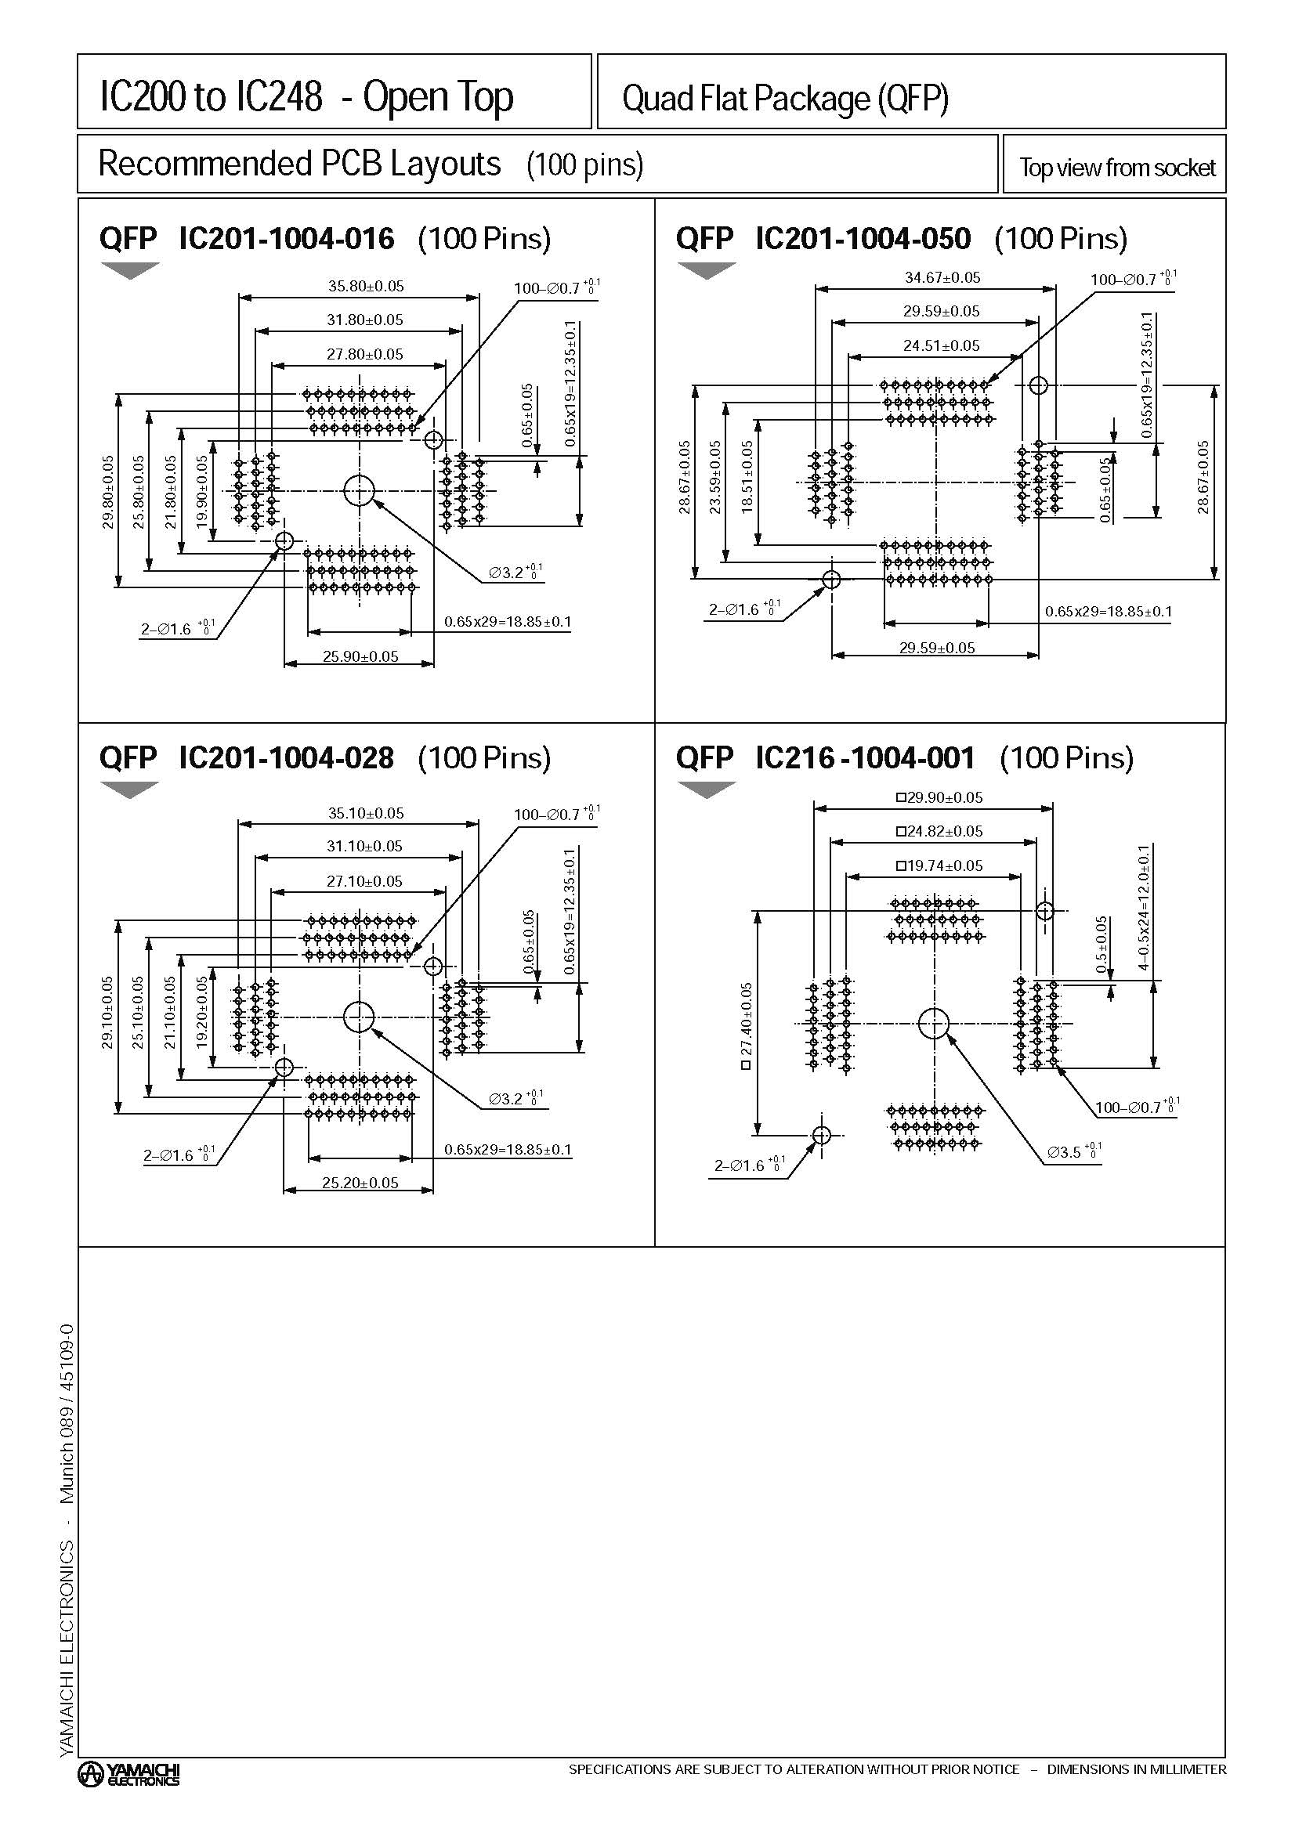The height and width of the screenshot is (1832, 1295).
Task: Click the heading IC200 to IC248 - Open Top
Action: [306, 97]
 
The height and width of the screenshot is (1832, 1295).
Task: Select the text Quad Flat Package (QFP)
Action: [785, 99]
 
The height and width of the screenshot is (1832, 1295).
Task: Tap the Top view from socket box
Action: [1116, 168]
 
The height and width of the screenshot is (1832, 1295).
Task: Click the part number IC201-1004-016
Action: [287, 239]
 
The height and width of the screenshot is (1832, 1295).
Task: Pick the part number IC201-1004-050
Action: [863, 239]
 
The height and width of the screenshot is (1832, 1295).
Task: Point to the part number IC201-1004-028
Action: [287, 757]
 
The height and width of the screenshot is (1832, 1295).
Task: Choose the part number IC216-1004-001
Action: [865, 757]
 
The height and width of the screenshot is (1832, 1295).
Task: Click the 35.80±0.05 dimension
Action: [365, 286]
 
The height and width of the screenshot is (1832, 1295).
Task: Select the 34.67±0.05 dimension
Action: [942, 278]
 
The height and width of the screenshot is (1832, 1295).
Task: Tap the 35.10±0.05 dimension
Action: [365, 813]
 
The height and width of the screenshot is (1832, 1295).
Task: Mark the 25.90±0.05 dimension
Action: [360, 656]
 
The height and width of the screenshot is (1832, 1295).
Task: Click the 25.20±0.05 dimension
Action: [360, 1183]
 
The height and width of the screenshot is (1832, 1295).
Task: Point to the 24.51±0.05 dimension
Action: [942, 345]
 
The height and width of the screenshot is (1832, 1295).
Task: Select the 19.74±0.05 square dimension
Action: [940, 865]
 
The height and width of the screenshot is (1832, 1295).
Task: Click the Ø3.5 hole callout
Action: [1073, 1152]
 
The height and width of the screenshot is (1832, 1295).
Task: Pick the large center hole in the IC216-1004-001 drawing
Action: [933, 1024]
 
